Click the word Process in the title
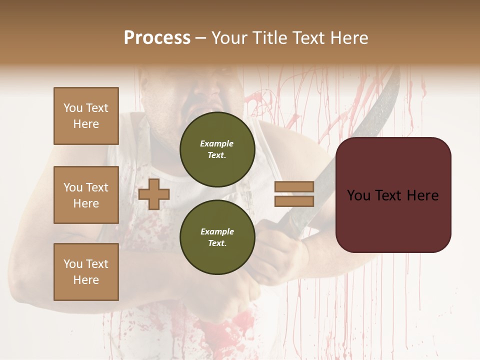point(157,38)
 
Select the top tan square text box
point(86,116)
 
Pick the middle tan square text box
point(86,195)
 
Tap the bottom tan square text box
point(86,272)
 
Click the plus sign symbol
point(154,194)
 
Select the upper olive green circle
point(217,149)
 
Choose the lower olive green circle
point(217,237)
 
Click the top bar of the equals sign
point(294,187)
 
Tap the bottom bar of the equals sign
point(294,201)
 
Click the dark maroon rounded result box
point(393,195)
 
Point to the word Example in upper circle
point(217,143)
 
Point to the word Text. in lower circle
point(217,243)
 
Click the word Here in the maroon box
point(422,195)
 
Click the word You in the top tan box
point(73,108)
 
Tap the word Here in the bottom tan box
point(86,280)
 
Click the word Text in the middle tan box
point(96,187)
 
